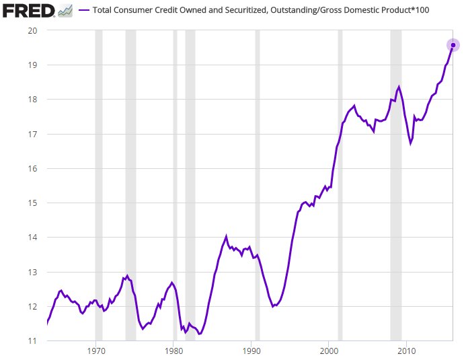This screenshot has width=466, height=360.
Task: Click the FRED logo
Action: coord(28,11)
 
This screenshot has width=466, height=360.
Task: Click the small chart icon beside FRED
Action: coord(65,11)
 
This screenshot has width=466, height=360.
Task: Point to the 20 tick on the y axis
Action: coord(32,31)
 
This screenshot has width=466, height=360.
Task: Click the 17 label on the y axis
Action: coord(32,134)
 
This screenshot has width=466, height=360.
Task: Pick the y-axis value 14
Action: coord(32,238)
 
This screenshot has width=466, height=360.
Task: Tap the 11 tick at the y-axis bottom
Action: coord(32,340)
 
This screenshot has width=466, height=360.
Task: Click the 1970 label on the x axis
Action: coord(96,352)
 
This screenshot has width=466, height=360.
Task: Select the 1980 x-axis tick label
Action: coord(173,352)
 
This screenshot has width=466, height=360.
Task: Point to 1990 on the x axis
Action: coord(251,352)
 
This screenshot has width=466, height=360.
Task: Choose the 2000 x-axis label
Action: coord(329,352)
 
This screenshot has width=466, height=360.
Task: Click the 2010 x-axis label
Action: coord(406,352)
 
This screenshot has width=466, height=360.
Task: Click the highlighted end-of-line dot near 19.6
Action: coord(453,45)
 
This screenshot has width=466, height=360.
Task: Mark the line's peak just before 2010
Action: coord(399,87)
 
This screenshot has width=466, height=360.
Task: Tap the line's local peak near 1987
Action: coord(227,236)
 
